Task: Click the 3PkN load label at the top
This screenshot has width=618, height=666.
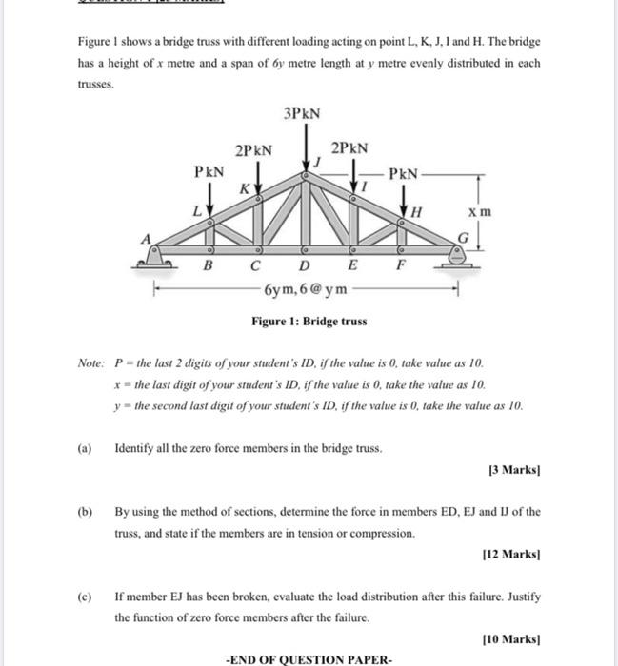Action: pyautogui.click(x=302, y=113)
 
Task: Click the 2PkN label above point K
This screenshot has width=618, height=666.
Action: pyautogui.click(x=253, y=149)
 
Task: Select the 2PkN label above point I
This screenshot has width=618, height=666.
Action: pyautogui.click(x=349, y=148)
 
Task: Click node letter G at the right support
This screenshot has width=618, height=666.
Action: pyautogui.click(x=464, y=236)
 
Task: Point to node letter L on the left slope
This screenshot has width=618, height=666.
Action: pyautogui.click(x=199, y=207)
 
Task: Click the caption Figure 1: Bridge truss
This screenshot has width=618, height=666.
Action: pyautogui.click(x=309, y=322)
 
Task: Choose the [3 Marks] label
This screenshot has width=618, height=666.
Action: pyautogui.click(x=515, y=471)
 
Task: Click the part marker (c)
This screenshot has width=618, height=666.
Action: pyautogui.click(x=84, y=597)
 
